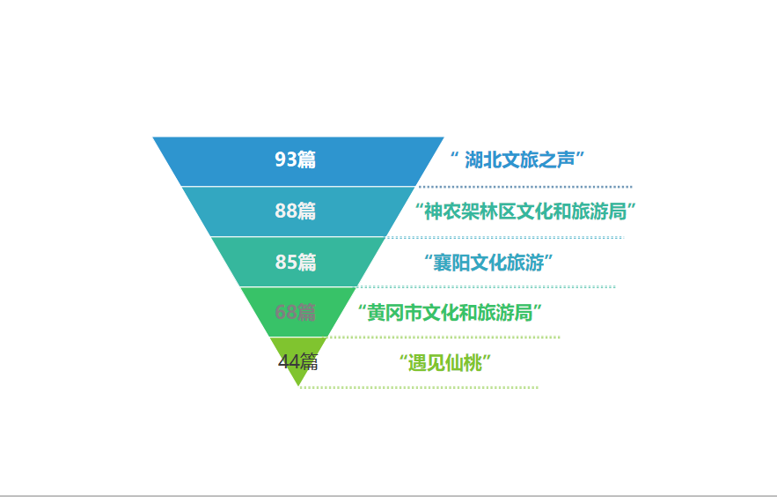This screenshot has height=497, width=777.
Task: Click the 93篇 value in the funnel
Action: point(296,159)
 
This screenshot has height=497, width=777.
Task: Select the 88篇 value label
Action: point(296,211)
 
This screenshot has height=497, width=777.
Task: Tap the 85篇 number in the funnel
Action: point(296,262)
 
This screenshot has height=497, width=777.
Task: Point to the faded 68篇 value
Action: point(295,312)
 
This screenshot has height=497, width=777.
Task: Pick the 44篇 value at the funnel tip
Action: point(298,362)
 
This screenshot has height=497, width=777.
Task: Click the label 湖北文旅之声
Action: point(518,159)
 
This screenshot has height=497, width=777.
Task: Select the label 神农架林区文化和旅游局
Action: point(525,211)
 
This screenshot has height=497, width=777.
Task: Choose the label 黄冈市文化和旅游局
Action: point(449,312)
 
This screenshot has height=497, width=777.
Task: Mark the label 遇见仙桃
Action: point(443,362)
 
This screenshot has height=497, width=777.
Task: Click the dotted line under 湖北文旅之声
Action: point(525,187)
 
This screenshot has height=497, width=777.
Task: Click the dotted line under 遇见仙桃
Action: point(419,387)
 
